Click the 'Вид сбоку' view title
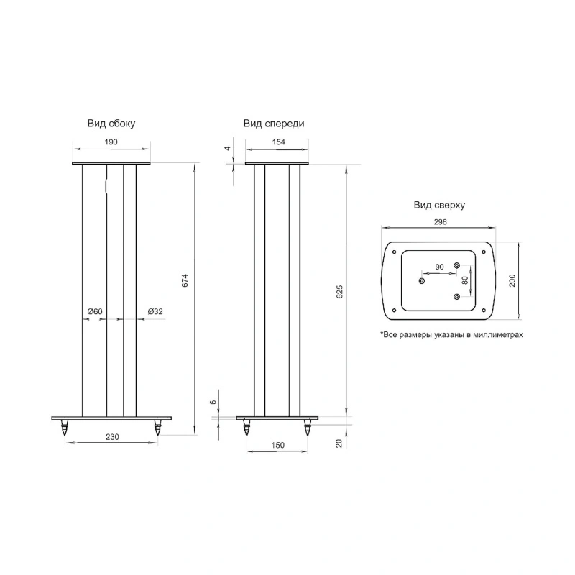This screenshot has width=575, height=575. coord(111,124)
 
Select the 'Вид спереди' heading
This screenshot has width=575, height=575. coord(274,124)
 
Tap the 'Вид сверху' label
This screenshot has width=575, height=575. coord(439,205)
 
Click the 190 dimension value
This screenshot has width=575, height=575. coord(111,142)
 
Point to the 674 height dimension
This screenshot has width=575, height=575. coord(185,280)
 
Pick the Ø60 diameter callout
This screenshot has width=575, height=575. coord(95,311)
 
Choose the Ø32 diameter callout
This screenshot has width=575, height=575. coord(155,311)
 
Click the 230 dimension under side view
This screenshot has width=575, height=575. coord(112,437)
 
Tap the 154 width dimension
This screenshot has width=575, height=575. coord(279,142)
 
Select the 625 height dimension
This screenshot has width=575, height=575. coord(339,292)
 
